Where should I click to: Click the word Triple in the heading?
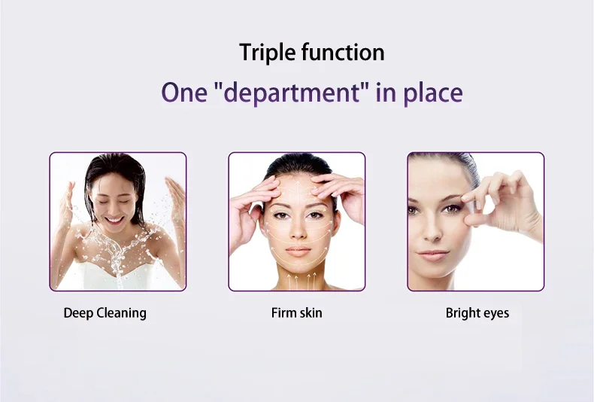pos(267,53)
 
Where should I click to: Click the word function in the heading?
pos(343,52)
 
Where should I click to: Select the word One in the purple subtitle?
pos(184,93)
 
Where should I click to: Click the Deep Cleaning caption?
pos(105,313)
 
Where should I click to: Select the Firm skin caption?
pos(296,313)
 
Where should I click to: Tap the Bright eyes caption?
pos(477,313)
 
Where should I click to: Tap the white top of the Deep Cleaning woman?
pos(117,277)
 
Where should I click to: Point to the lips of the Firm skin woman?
pos(299,251)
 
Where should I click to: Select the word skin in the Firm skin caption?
pos(311,313)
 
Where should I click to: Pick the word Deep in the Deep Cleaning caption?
pos(78,314)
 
